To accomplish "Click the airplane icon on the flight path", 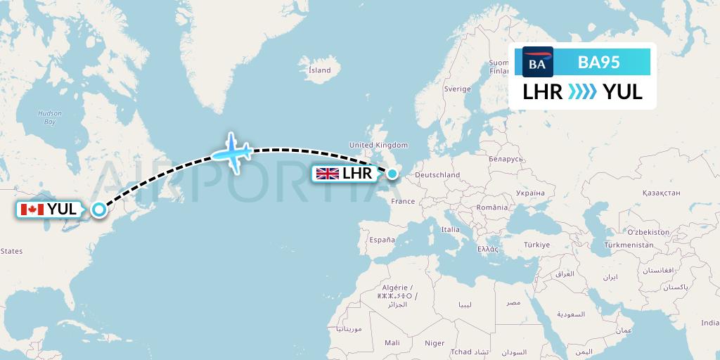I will click(233, 150).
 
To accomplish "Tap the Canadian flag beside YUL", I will click(31, 209).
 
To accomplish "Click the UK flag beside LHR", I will click(328, 173).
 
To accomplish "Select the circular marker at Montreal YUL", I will click(99, 209).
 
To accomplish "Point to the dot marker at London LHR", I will click(392, 173).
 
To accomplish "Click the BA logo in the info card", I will click(538, 63).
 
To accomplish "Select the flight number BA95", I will click(598, 63).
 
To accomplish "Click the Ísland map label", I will click(320, 70).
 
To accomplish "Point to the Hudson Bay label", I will click(50, 117).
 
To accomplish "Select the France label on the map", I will click(403, 201).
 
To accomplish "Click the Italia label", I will click(450, 229).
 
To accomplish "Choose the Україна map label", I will click(530, 191).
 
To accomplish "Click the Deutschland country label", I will click(437, 175).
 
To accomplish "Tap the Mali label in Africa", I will click(392, 342).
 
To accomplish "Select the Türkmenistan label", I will click(629, 244).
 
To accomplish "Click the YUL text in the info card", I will click(622, 91).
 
